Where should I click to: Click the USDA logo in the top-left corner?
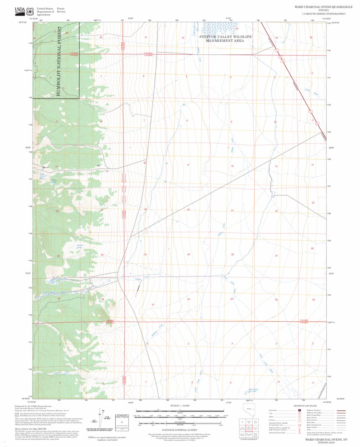pyautogui.click(x=19, y=10)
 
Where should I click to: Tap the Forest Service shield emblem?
pyautogui.click(x=30, y=10)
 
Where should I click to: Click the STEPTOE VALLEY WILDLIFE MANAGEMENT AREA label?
pyautogui.click(x=226, y=39)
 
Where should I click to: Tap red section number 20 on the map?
pyautogui.click(x=188, y=210)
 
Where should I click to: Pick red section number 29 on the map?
pyautogui.click(x=188, y=254)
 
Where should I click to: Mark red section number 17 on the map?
pyautogui.click(x=188, y=165)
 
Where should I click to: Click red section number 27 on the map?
pyautogui.click(x=276, y=256)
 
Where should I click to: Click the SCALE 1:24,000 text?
pyautogui.click(x=180, y=405)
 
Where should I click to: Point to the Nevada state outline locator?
pyautogui.click(x=249, y=409)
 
